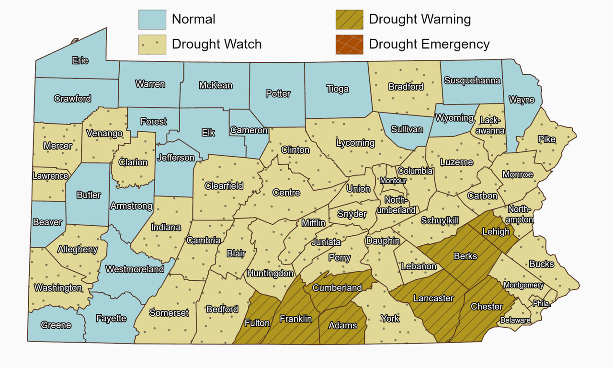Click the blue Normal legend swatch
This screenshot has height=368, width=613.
152,20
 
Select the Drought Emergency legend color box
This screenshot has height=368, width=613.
349,45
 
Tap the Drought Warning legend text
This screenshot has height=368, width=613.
420,20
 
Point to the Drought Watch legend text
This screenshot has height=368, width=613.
216,45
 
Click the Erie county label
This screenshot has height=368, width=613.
80,61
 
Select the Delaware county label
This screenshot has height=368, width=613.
515,320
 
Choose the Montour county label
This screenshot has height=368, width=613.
393,181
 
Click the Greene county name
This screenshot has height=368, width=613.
56,325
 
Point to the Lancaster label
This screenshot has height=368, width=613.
433,298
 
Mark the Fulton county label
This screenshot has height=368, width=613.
257,323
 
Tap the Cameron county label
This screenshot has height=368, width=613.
249,130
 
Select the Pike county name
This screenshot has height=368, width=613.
546,139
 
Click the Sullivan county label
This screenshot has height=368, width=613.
407,129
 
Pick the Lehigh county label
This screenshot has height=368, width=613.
496,232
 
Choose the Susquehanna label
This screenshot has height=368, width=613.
472,80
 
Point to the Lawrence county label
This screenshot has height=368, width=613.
50,176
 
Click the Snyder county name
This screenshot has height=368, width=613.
352,214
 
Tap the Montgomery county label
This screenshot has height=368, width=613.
523,285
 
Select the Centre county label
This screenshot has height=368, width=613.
286,193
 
